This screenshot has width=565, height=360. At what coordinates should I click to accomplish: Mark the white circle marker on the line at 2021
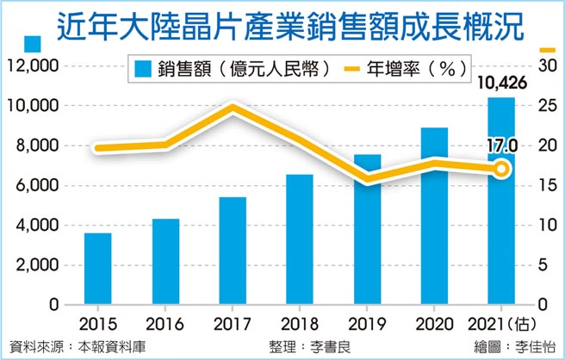pyautogui.click(x=501, y=169)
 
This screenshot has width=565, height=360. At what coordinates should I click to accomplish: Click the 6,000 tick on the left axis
pyautogui.click(x=34, y=186)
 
